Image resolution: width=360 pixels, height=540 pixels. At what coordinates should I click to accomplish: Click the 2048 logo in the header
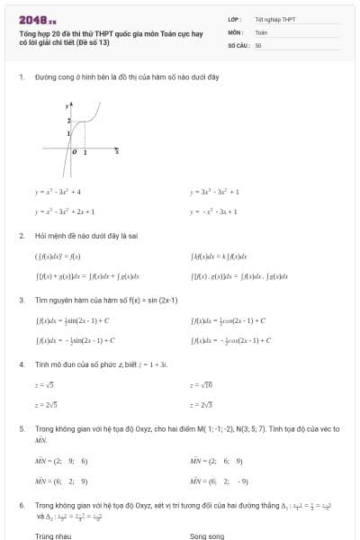tap(37, 19)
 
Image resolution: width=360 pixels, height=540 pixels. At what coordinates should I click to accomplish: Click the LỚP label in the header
tap(233, 19)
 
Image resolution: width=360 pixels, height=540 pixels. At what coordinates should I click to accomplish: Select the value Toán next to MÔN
tap(261, 31)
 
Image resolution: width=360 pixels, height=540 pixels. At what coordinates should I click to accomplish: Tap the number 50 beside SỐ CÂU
tap(258, 44)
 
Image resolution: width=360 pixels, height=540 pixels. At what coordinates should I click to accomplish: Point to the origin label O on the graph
tap(75, 153)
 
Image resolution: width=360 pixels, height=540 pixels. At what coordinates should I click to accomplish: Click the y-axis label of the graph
tap(67, 106)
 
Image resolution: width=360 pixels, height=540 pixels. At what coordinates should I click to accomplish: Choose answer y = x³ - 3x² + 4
tap(58, 192)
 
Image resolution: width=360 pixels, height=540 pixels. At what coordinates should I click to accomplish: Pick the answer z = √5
tap(44, 384)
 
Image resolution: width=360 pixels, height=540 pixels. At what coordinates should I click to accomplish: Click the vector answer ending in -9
tap(220, 481)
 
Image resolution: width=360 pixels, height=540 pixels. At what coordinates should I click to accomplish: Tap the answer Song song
tap(207, 535)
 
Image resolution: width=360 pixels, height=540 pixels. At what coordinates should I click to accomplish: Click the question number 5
tap(21, 428)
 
